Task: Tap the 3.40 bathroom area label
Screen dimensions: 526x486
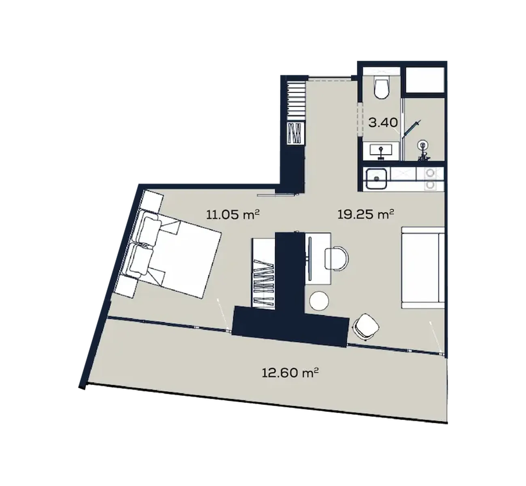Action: point(383,123)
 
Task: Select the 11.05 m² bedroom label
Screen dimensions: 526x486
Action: point(233,214)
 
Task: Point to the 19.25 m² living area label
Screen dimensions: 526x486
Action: point(366,214)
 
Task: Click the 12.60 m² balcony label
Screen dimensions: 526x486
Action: point(290,373)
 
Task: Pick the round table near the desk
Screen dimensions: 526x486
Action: point(319,301)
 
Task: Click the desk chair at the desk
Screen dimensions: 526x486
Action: point(337,258)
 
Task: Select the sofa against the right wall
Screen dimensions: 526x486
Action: point(423,267)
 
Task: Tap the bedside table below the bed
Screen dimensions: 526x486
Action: point(127,286)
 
